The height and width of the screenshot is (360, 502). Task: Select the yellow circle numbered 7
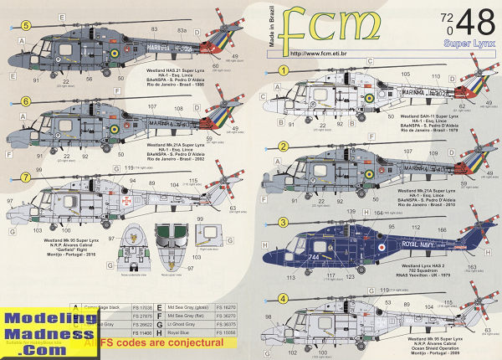[26, 177]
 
